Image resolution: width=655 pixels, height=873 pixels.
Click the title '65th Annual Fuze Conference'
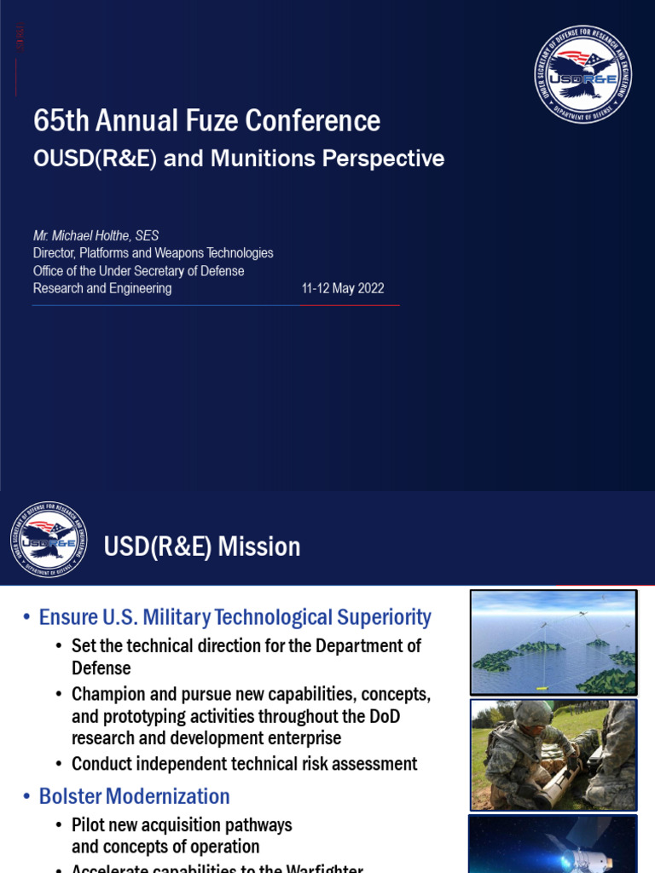click(206, 121)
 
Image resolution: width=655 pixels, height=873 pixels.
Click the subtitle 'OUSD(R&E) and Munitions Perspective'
click(238, 159)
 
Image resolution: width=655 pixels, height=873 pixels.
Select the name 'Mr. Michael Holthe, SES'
click(96, 235)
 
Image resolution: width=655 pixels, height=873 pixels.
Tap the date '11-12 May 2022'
click(343, 288)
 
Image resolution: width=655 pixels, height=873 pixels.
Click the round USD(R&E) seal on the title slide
click(583, 74)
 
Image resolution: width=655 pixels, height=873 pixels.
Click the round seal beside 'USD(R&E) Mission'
click(49, 540)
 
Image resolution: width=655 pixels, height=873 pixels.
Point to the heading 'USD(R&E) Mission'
click(202, 546)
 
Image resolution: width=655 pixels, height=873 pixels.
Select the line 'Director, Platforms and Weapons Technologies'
click(153, 253)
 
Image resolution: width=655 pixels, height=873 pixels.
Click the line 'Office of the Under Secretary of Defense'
click(138, 271)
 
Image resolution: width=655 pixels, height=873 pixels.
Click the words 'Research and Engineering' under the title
click(102, 288)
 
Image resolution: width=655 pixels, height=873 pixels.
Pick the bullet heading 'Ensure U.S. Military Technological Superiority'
click(235, 617)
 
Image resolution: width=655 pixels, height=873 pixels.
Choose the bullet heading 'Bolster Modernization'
click(135, 796)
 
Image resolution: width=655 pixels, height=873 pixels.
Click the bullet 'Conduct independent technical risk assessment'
click(245, 764)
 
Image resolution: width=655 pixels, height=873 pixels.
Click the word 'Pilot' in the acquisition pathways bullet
click(90, 825)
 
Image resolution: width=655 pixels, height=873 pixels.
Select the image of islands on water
click(554, 643)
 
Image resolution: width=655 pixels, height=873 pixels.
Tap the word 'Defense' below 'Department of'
click(101, 668)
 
